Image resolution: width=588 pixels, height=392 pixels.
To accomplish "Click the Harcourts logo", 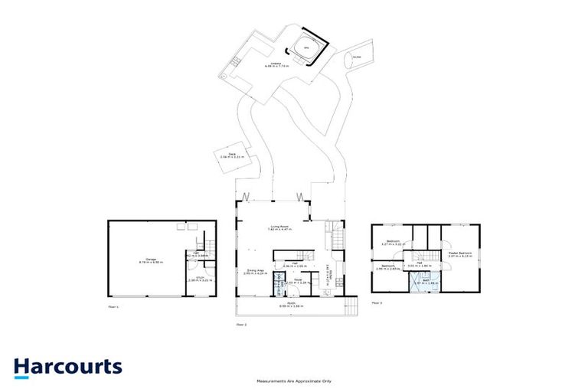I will pyautogui.click(x=67, y=366).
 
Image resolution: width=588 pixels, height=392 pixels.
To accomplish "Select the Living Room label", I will pyautogui.click(x=278, y=227).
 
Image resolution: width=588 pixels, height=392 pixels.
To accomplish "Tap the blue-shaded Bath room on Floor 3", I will pyautogui.click(x=422, y=281).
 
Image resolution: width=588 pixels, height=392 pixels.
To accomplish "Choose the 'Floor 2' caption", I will pyautogui.click(x=241, y=325).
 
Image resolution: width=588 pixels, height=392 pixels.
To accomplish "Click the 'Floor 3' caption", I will pyautogui.click(x=377, y=303).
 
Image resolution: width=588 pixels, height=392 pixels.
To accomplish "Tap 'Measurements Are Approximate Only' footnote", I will pyautogui.click(x=294, y=381).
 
